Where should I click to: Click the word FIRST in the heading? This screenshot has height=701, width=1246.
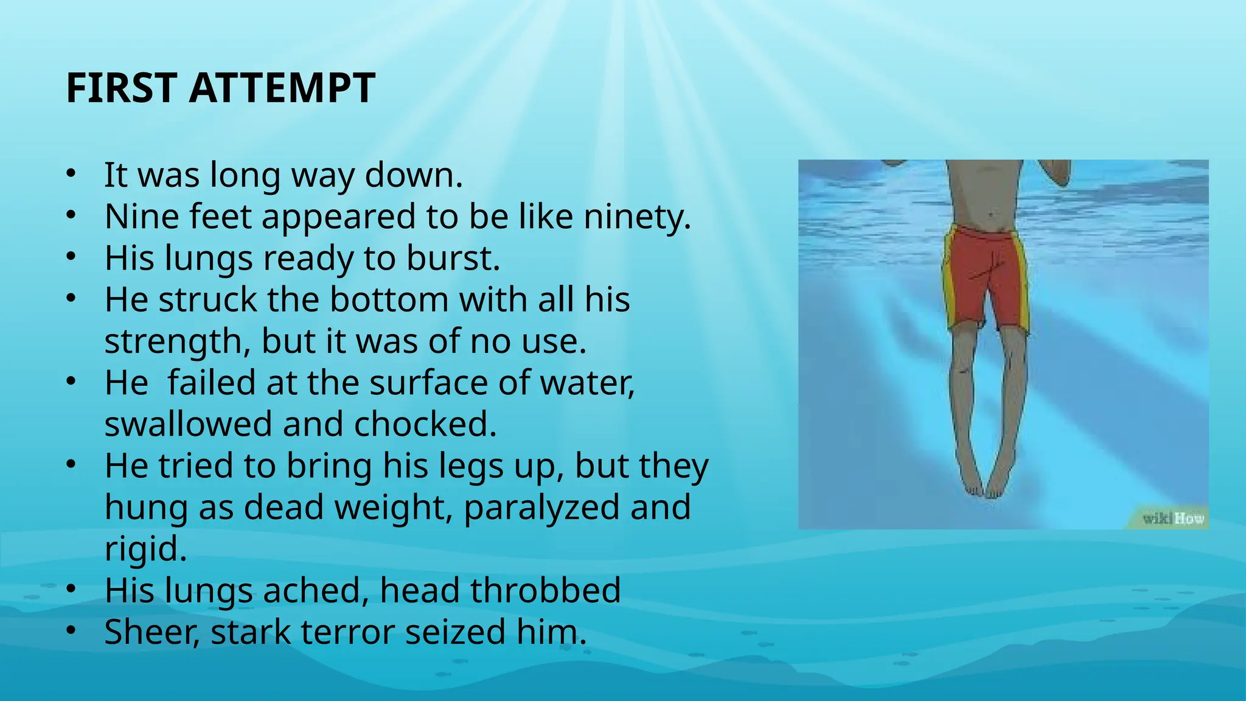pyautogui.click(x=121, y=88)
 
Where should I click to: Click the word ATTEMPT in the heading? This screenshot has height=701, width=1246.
pyautogui.click(x=282, y=88)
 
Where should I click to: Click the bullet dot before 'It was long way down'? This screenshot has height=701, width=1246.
pyautogui.click(x=71, y=173)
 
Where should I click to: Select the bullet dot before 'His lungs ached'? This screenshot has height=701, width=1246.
pyautogui.click(x=71, y=589)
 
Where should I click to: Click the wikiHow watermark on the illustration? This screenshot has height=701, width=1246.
pyautogui.click(x=1172, y=518)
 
